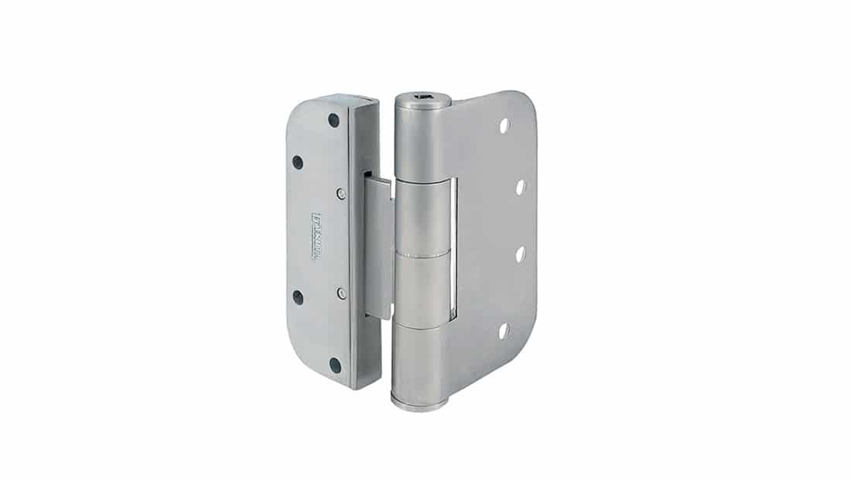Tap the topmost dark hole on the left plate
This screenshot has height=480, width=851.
click(333, 120)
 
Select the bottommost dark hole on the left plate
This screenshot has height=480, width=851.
click(335, 365)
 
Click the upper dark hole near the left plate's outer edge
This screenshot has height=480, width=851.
click(297, 163)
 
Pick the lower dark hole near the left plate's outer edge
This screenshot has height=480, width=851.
click(298, 297)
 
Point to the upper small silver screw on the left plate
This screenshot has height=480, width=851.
click(341, 192)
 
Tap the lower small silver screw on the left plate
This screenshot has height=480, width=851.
click(341, 293)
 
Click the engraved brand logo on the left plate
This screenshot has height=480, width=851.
click(316, 236)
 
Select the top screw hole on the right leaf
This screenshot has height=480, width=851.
click(504, 125)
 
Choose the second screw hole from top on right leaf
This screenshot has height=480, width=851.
click(520, 187)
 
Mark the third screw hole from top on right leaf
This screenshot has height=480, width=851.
click(520, 254)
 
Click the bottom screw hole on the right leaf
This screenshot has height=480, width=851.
click(504, 331)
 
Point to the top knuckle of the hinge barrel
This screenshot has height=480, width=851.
click(422, 139)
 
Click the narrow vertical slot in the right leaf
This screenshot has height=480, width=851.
click(454, 248)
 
